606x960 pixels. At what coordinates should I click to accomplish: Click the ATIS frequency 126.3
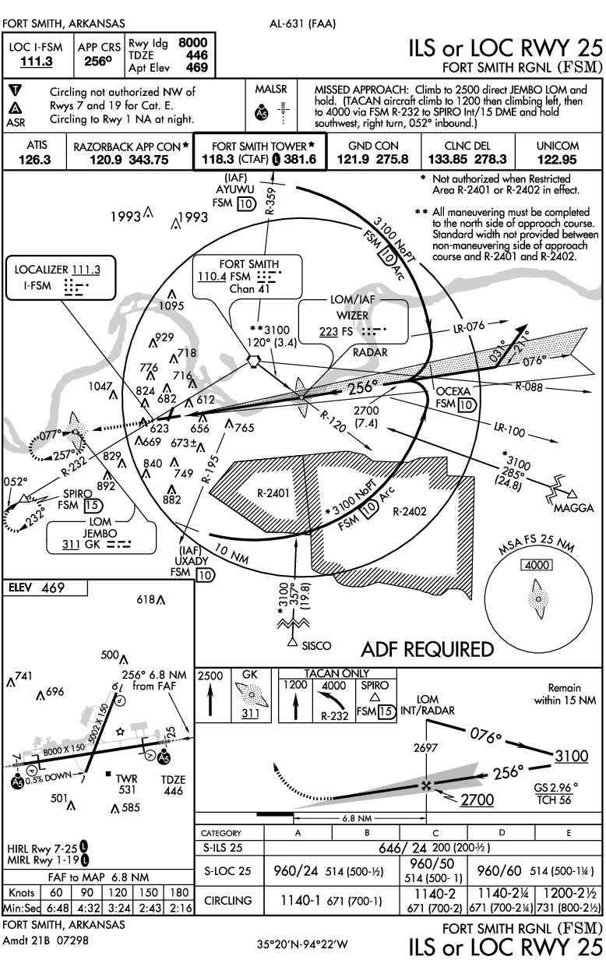(37, 160)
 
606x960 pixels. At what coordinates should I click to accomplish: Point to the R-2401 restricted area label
(273, 493)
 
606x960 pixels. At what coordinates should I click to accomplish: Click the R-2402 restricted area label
(411, 512)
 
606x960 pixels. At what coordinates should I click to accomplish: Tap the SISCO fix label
(315, 645)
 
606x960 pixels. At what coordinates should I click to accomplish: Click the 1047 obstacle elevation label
(100, 386)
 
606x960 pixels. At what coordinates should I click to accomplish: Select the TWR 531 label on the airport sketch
(126, 783)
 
